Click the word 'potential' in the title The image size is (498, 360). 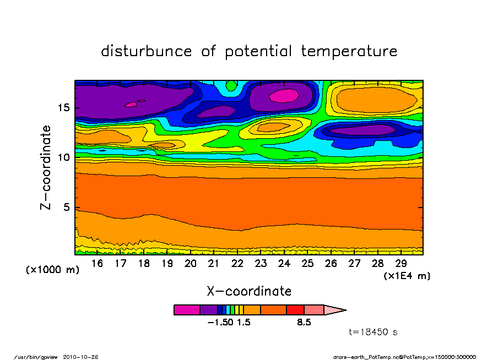259,52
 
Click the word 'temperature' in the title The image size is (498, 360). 349,52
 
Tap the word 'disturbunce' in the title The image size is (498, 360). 147,51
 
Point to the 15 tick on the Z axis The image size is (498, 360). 62,107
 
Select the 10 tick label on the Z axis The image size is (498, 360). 62,157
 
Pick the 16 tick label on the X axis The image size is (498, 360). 97,264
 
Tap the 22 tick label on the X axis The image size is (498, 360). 237,264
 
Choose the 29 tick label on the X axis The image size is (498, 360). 400,264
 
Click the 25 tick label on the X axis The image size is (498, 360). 307,264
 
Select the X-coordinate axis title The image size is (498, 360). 249,291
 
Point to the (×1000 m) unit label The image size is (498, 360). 53,270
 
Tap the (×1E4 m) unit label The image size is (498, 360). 407,275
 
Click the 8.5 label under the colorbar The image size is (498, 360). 304,323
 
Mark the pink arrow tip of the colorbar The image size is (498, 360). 335,310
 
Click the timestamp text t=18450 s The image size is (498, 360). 373,332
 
